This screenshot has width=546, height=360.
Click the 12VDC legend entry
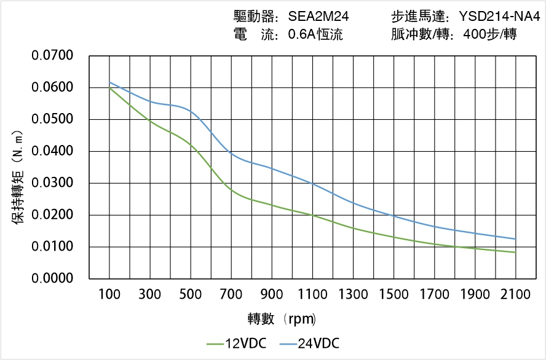pos(237,343)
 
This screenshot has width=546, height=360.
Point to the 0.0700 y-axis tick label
pos(52,56)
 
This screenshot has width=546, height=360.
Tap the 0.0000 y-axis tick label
pos(52,279)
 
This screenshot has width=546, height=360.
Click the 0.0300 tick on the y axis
pos(52,183)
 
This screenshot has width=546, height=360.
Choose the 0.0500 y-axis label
pos(52,119)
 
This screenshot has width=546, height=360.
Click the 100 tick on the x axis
pos(109,294)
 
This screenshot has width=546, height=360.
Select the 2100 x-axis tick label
pos(515,294)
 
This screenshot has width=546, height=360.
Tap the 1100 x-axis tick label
pos(312,294)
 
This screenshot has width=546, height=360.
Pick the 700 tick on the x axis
pos(231,294)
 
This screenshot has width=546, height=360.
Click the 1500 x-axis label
pos(394,294)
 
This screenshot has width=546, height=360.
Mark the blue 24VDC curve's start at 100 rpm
pos(109,82)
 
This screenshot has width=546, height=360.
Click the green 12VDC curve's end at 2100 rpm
pos(515,252)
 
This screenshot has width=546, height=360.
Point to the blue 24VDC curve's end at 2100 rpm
pos(515,239)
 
